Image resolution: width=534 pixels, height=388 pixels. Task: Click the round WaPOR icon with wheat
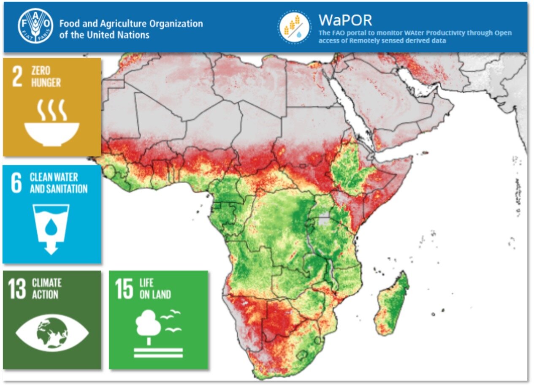(294, 27)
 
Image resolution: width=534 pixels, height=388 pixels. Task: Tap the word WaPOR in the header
(345, 20)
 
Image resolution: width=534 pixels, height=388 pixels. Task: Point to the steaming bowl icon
(52, 123)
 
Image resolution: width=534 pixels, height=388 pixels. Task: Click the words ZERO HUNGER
(46, 76)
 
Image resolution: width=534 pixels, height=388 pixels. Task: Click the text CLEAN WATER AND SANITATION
(58, 183)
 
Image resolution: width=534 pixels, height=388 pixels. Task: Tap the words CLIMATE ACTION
(46, 288)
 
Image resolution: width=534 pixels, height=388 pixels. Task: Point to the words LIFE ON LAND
(155, 289)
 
